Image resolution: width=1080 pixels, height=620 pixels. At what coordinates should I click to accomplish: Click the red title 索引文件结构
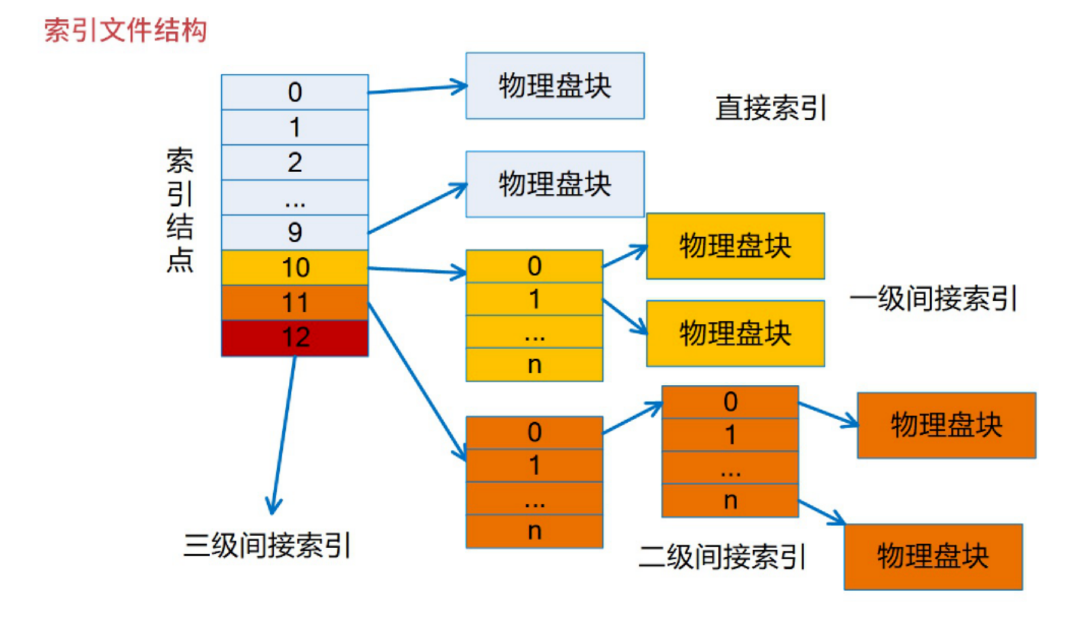(125, 30)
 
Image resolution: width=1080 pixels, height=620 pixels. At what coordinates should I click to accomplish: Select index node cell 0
(294, 92)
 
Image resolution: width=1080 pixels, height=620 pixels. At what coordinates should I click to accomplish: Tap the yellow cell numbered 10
(294, 268)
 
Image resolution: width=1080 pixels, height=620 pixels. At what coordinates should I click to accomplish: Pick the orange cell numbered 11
(294, 303)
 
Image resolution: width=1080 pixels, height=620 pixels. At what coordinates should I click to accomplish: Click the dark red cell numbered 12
(294, 337)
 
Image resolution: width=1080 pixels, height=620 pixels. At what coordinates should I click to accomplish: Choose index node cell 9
(294, 232)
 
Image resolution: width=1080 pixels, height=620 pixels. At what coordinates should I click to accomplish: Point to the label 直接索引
(771, 108)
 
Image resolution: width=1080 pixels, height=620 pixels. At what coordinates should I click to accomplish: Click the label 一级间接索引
(933, 298)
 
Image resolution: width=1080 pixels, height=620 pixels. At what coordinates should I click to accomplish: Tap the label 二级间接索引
(722, 557)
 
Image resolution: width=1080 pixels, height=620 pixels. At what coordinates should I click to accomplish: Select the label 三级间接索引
(267, 545)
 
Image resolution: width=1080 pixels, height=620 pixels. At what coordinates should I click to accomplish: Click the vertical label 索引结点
(180, 210)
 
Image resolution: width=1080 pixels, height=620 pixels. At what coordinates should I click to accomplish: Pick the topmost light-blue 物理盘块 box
(555, 86)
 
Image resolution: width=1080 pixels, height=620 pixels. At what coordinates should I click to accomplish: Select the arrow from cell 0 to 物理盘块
(417, 89)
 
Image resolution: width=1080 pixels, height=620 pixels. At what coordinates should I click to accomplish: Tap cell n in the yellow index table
(534, 365)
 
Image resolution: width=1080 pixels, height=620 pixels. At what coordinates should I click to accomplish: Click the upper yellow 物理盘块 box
(735, 246)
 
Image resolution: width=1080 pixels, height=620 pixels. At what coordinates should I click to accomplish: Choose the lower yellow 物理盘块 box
(735, 333)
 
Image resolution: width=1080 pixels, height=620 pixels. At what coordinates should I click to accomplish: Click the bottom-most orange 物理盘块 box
(932, 556)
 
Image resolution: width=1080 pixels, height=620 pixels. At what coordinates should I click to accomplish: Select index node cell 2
(294, 163)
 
